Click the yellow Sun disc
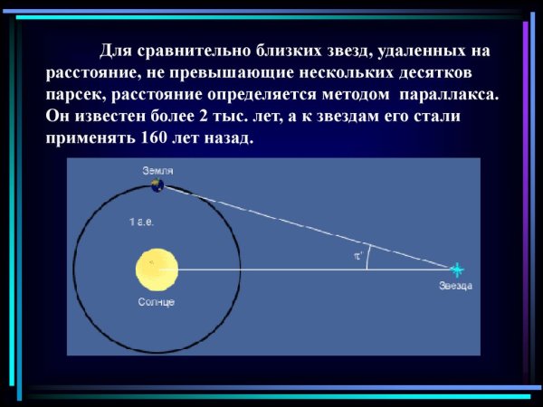click(x=153, y=269)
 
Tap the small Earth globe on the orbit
click(x=158, y=185)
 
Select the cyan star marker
click(x=457, y=270)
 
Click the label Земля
click(x=157, y=170)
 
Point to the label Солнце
click(x=157, y=300)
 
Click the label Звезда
click(x=455, y=286)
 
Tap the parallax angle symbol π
click(x=357, y=256)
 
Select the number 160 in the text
click(x=156, y=139)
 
